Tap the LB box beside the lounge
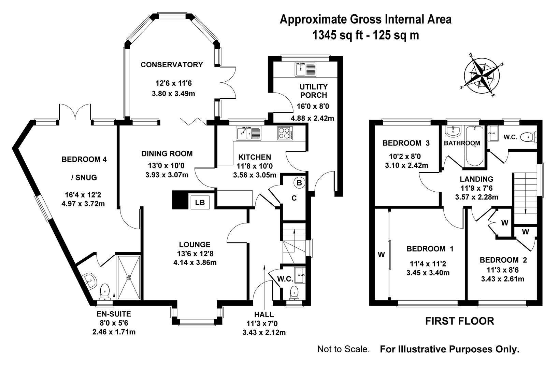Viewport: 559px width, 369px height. tap(200, 202)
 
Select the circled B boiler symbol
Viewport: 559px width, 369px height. tap(299, 183)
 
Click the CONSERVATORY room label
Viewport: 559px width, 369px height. tap(172, 65)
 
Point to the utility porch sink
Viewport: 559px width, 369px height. tap(305, 69)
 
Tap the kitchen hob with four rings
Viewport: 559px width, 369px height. tap(285, 133)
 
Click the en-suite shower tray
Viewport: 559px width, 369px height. tap(129, 277)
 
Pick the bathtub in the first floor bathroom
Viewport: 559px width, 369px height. tap(474, 146)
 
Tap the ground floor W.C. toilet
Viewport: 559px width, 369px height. tap(295, 293)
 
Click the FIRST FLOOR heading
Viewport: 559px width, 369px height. tap(459, 321)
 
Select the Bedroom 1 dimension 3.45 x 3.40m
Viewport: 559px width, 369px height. tap(428, 273)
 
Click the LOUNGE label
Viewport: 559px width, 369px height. tap(195, 244)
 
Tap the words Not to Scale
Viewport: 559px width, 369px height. tap(343, 349)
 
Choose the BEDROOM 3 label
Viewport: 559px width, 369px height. tap(406, 143)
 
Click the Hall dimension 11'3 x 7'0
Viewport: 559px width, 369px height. tap(262, 324)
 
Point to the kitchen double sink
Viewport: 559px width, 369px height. tap(248, 133)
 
